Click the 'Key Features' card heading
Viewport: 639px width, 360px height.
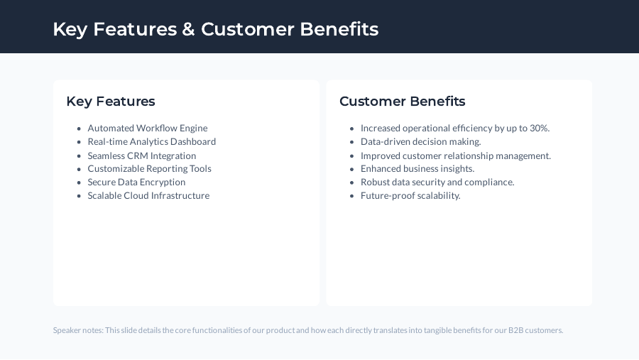[111, 102]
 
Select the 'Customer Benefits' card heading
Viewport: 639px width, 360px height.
[403, 102]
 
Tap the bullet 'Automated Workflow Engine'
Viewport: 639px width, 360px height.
[148, 129]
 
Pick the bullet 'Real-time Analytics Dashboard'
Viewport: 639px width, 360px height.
[152, 142]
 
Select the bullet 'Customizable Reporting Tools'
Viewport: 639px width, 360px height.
[150, 169]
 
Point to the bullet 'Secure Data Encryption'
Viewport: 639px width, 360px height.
[136, 182]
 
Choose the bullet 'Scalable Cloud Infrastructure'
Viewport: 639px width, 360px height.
[148, 196]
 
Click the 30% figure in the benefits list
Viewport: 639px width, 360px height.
[539, 129]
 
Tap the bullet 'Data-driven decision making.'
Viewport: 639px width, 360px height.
[421, 142]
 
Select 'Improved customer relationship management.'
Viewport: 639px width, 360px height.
[456, 156]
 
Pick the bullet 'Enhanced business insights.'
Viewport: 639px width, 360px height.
[417, 169]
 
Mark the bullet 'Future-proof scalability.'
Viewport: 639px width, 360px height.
[410, 196]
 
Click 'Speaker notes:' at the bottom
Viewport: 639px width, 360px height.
[78, 330]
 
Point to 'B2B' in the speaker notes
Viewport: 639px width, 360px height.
[516, 330]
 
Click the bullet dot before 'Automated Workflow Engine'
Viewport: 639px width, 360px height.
[79, 129]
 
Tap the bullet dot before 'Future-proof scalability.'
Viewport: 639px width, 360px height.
[352, 196]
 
